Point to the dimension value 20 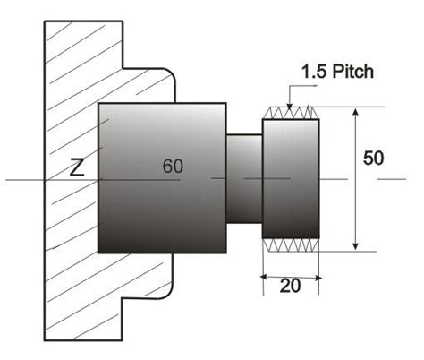(289, 286)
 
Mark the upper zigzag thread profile (291, 114)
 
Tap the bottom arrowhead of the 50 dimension (357, 244)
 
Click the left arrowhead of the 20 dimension (266, 278)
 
